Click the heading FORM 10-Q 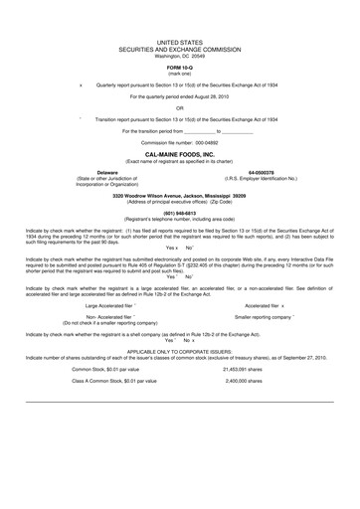(180, 66)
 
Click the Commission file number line (180, 142)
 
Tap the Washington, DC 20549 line (180, 56)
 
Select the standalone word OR (180, 108)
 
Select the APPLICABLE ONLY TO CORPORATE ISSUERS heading (180, 350)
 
